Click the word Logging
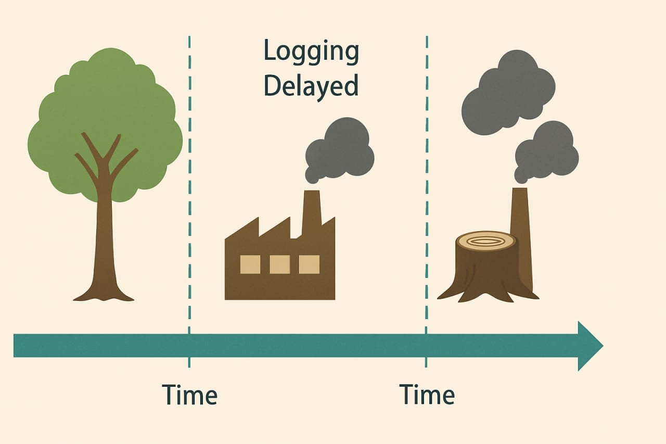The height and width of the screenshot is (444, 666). pyautogui.click(x=311, y=53)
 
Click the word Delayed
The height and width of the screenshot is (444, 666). pyautogui.click(x=311, y=86)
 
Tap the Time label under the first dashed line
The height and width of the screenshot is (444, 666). pyautogui.click(x=189, y=395)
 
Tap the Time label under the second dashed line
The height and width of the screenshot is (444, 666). pyautogui.click(x=427, y=395)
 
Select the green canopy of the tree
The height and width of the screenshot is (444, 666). pyautogui.click(x=105, y=119)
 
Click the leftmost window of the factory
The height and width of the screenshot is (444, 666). pyautogui.click(x=250, y=264)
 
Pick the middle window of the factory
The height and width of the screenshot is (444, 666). pyautogui.click(x=279, y=264)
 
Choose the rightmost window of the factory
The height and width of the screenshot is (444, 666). pyautogui.click(x=309, y=264)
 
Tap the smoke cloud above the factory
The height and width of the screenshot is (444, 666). pyautogui.click(x=340, y=150)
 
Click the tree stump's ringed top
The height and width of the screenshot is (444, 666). pyautogui.click(x=486, y=241)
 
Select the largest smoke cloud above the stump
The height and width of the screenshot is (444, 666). pyautogui.click(x=508, y=92)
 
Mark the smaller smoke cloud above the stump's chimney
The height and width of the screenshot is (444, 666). pyautogui.click(x=546, y=153)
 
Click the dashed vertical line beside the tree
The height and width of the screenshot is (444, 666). pyautogui.click(x=189, y=201)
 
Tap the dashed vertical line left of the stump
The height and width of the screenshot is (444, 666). pyautogui.click(x=427, y=201)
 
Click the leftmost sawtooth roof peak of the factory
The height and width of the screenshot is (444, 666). pyautogui.click(x=258, y=218)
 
